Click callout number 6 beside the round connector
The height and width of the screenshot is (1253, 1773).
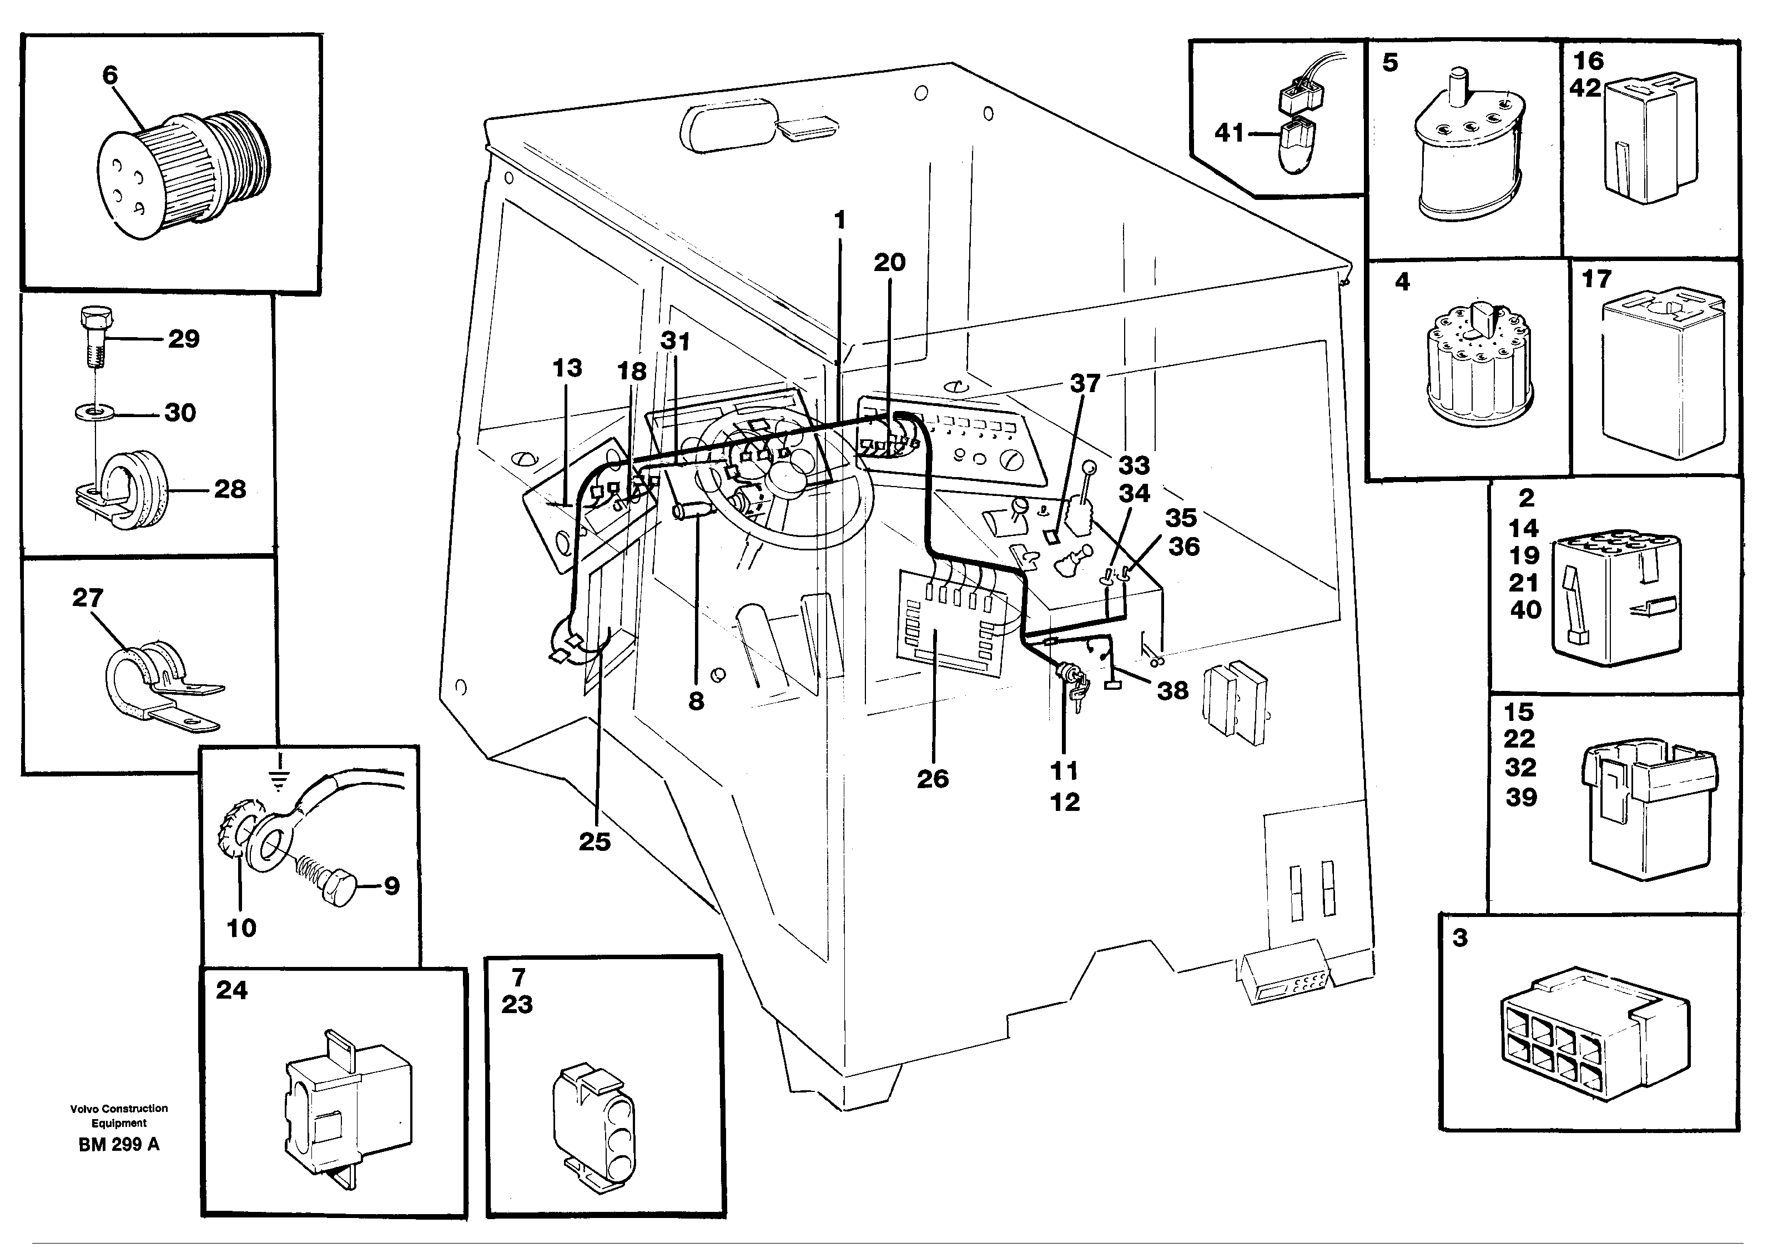[110, 75]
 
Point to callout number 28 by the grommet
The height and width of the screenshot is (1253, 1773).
[229, 488]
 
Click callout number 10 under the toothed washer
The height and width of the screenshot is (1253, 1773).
[241, 928]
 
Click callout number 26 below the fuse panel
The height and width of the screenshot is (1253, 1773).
[932, 779]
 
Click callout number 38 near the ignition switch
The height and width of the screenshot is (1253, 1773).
[1172, 690]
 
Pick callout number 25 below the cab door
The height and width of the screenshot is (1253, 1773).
[595, 841]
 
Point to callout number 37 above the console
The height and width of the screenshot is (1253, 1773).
[1084, 382]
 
